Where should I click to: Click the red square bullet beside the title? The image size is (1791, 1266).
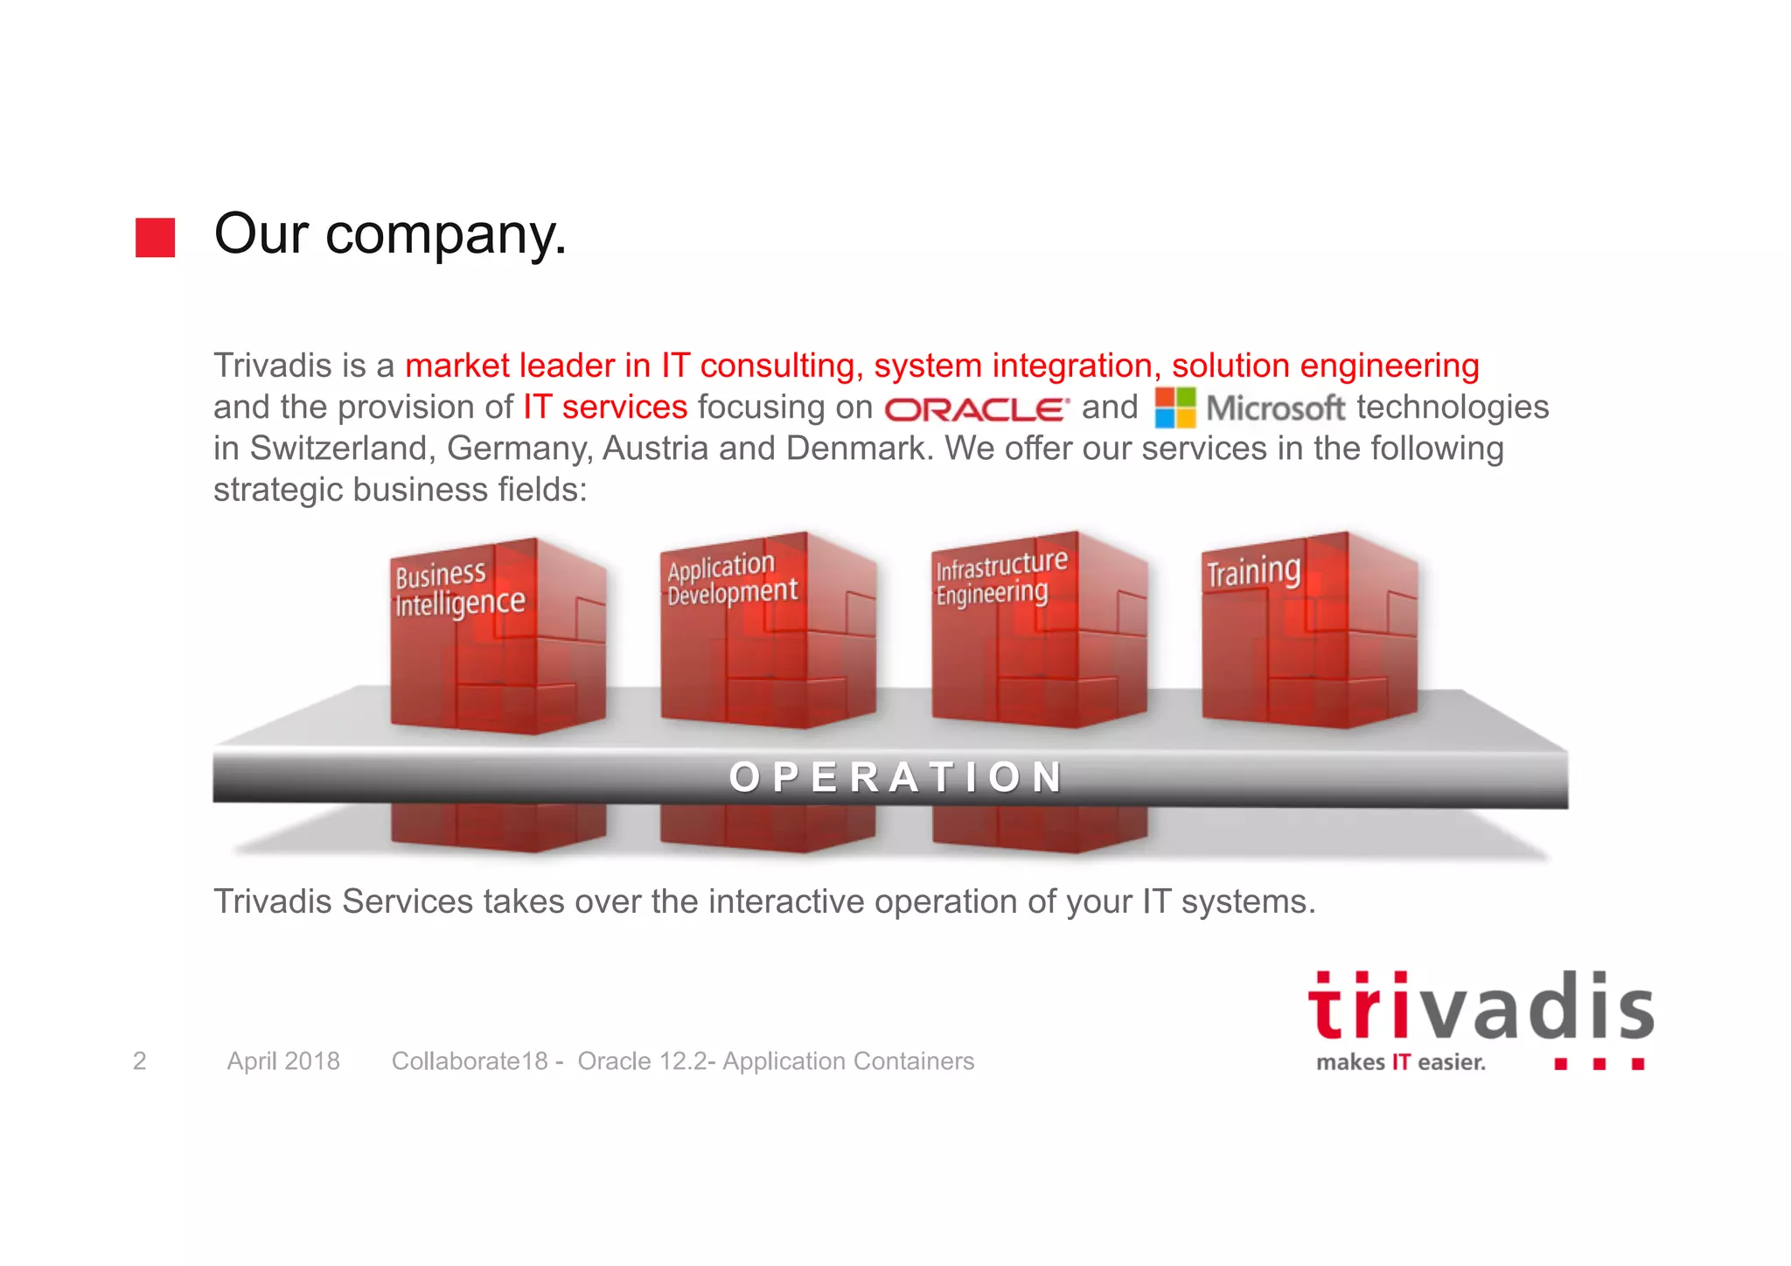pyautogui.click(x=155, y=238)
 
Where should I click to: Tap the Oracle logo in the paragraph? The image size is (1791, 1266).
pyautogui.click(x=976, y=409)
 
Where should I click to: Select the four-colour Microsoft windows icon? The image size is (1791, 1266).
pyautogui.click(x=1174, y=408)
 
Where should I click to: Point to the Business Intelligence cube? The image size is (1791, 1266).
pyautogui.click(x=497, y=636)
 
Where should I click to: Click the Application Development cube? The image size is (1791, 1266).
pyautogui.click(x=768, y=630)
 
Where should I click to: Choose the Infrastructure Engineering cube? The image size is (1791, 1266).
pyautogui.click(x=1039, y=630)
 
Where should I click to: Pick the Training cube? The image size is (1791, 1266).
pyautogui.click(x=1309, y=630)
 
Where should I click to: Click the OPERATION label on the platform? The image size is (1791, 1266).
pyautogui.click(x=895, y=777)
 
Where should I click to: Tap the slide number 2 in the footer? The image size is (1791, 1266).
pyautogui.click(x=139, y=1061)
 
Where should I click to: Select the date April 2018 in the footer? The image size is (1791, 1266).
pyautogui.click(x=283, y=1061)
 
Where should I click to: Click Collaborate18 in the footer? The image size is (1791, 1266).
pyautogui.click(x=470, y=1061)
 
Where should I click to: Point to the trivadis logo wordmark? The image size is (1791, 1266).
pyautogui.click(x=1480, y=1008)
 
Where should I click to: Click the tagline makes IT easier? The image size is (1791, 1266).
pyautogui.click(x=1401, y=1062)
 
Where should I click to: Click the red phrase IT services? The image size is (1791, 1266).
pyautogui.click(x=605, y=407)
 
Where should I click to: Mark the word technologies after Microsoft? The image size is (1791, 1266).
pyautogui.click(x=1453, y=407)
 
